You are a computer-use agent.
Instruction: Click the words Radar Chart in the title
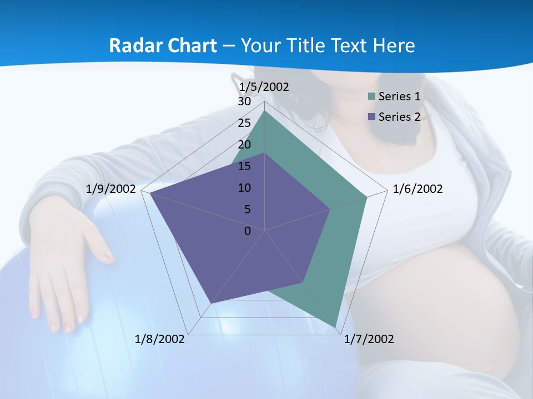click(163, 45)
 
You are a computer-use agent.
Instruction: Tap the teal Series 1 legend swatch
click(372, 96)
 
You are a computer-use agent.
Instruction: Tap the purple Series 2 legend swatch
click(372, 116)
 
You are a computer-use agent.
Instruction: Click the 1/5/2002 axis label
click(264, 86)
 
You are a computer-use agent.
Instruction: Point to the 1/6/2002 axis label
click(418, 189)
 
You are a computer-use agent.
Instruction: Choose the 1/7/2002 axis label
click(369, 339)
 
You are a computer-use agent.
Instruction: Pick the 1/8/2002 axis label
click(160, 339)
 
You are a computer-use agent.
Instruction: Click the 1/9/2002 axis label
click(111, 189)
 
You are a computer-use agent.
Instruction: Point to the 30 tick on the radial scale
click(244, 102)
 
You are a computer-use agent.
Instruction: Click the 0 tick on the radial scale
click(248, 231)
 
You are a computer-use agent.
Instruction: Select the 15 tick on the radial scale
click(244, 166)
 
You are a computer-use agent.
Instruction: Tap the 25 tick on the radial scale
click(244, 123)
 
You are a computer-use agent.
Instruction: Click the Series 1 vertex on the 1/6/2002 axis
click(366, 197)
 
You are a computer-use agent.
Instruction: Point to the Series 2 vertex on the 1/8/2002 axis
click(210, 304)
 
